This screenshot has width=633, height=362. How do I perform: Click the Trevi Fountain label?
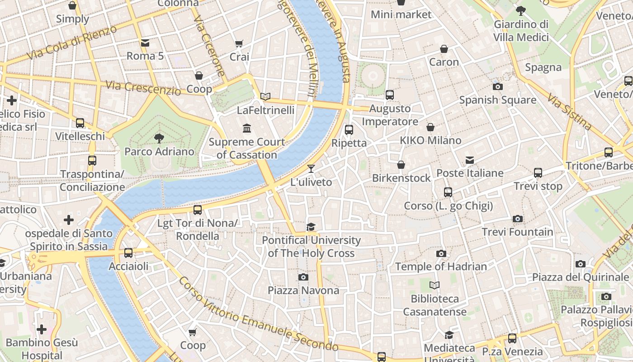(x=517, y=232)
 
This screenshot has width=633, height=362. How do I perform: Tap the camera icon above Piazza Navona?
(x=303, y=277)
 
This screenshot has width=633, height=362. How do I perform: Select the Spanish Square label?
(x=497, y=100)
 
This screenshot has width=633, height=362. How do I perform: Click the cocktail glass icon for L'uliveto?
(x=311, y=169)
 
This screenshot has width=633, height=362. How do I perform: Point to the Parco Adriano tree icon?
(x=159, y=138)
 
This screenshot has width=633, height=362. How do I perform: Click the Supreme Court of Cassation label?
(x=247, y=148)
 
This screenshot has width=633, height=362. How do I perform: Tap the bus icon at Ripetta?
(x=349, y=130)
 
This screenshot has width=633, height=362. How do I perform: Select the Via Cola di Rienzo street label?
(x=71, y=43)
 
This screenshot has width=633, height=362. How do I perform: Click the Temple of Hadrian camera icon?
(x=441, y=253)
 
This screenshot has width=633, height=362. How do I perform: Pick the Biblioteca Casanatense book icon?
(x=434, y=286)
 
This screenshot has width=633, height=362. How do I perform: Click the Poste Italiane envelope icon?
(x=470, y=160)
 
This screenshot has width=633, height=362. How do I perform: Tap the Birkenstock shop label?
(x=401, y=178)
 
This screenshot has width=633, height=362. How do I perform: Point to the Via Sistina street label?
(x=569, y=112)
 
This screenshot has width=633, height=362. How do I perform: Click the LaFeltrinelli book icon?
(x=265, y=96)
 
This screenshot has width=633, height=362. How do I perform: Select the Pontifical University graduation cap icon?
(x=311, y=227)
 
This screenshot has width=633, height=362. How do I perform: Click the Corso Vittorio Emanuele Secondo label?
(x=258, y=315)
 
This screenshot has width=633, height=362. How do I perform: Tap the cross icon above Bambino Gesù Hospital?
(x=42, y=329)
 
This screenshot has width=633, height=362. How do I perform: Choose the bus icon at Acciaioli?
(x=128, y=253)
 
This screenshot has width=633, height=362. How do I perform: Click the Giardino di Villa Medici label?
(x=521, y=31)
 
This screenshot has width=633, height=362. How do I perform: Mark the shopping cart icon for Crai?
(x=239, y=44)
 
